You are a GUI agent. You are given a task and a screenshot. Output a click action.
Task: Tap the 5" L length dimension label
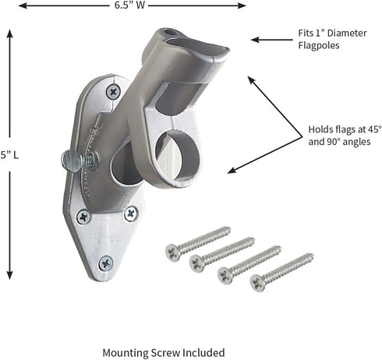pos(9,155)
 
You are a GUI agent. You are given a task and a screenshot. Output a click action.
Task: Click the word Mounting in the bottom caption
pos(126,352)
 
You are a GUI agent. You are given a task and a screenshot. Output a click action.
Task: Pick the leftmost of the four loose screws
pos(197,242)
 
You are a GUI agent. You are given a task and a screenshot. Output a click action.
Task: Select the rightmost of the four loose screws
pos(281,270)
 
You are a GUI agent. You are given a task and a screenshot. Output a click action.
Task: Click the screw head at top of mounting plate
pos(113,91)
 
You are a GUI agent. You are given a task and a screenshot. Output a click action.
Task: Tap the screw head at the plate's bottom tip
pos(105,263)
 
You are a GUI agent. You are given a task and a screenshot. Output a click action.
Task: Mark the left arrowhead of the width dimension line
pos(23,5)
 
